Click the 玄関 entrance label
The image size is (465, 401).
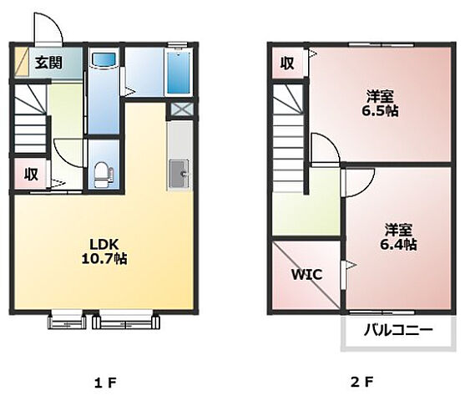(x=48, y=63)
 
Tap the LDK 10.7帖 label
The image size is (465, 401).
(x=104, y=251)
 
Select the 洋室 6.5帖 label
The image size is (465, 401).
(x=380, y=103)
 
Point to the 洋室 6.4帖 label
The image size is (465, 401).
(x=398, y=236)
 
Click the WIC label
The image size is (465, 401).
(x=307, y=275)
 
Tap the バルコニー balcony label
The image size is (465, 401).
(x=398, y=330)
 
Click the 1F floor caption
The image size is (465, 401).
(x=105, y=383)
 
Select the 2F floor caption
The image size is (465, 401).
(x=361, y=383)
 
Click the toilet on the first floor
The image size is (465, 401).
(x=104, y=175)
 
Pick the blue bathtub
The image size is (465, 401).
(x=179, y=73)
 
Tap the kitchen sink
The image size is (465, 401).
(x=179, y=174)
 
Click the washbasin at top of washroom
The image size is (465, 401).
(x=104, y=60)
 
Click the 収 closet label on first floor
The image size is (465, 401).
(x=31, y=174)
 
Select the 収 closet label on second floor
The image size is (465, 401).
(x=287, y=63)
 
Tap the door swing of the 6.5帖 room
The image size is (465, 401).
(x=326, y=149)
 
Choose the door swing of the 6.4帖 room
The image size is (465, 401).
(x=359, y=183)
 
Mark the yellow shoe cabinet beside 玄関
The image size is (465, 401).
(x=22, y=62)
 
